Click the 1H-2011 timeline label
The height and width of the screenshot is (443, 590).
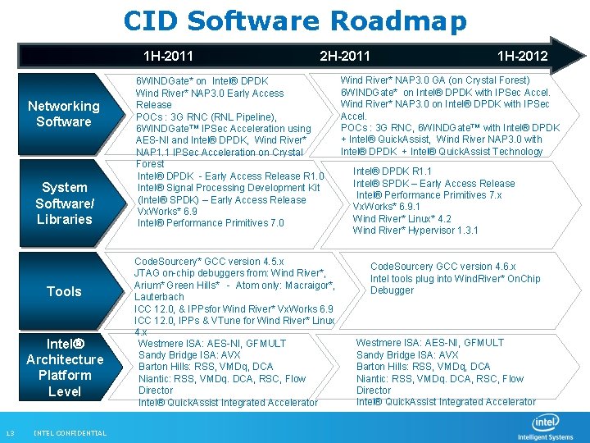pos(168,57)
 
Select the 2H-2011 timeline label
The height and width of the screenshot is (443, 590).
pos(344,57)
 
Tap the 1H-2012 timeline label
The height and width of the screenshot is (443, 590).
pos(522,57)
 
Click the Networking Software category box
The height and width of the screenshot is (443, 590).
pos(64,113)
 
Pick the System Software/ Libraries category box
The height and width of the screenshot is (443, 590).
pos(64,203)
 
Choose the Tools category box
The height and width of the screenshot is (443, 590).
pos(64,291)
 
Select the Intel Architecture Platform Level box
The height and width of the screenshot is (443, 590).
pos(64,368)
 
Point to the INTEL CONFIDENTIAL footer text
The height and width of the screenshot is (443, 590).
pos(70,433)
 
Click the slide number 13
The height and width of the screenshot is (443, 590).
pos(10,433)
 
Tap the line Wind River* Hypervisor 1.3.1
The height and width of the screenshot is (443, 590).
pos(415,231)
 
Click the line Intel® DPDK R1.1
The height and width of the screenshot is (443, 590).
pos(392,171)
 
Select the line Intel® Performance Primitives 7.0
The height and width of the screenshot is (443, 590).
pos(211,223)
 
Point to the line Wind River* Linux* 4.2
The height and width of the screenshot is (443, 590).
pos(402,219)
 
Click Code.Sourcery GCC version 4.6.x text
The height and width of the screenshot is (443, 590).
pos(442,267)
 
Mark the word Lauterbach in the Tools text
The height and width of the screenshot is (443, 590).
pos(160,296)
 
